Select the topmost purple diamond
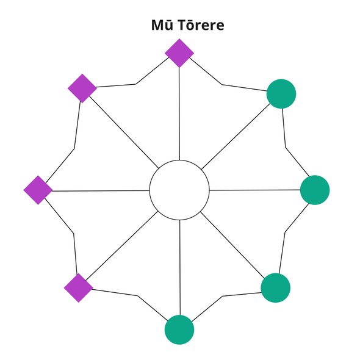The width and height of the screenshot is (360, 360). click(x=179, y=53)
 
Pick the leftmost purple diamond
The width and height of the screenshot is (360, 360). click(x=38, y=190)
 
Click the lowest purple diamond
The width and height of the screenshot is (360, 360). click(x=79, y=288)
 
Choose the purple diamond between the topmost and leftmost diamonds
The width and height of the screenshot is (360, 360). click(x=82, y=88)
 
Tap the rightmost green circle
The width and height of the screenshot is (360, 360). click(x=315, y=190)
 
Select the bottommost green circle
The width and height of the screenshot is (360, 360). click(x=179, y=329)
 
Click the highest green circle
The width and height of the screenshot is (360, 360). click(x=281, y=94)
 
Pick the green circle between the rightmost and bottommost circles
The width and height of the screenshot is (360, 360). click(x=276, y=288)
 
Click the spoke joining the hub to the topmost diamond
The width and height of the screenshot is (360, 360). click(x=179, y=114)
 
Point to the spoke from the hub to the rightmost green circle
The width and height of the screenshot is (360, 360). click(x=255, y=190)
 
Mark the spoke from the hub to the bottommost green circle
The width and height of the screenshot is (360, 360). click(x=180, y=268)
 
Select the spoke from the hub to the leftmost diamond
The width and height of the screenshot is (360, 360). click(x=101, y=191)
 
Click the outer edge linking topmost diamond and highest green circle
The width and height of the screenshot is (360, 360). click(x=221, y=85)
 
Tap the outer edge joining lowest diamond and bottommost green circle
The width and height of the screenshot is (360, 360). click(x=138, y=296)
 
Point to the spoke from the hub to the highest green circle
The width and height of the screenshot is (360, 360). click(x=236, y=137)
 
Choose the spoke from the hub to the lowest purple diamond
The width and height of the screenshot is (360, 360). click(x=121, y=245)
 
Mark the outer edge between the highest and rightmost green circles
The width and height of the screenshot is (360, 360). click(x=286, y=148)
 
